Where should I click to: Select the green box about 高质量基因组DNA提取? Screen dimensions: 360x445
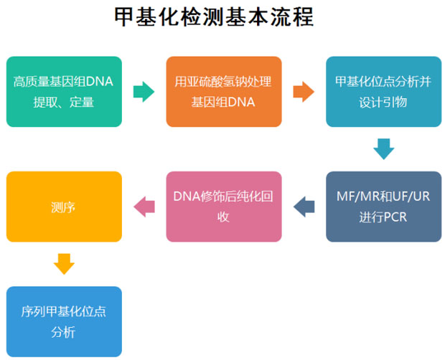(64, 92)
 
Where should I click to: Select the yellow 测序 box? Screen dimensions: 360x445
(64, 207)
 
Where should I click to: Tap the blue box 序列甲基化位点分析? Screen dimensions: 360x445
(64, 322)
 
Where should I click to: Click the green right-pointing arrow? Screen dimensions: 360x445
(144, 91)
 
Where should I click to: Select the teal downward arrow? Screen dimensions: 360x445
(383, 148)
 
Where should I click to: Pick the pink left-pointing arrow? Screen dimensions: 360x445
(144, 207)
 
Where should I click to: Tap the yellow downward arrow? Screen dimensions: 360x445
(64, 263)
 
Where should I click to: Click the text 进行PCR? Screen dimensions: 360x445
(383, 217)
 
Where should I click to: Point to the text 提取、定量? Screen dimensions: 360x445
(64, 103)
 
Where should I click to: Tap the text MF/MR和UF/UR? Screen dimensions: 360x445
(383, 196)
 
